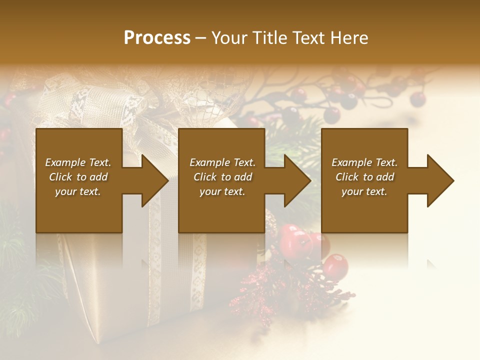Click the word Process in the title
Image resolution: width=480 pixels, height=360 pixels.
coord(157,38)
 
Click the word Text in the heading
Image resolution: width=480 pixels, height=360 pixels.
coord(308,38)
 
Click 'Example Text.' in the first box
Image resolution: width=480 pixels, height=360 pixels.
coord(78,162)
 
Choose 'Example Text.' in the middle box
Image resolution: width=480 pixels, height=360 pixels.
coord(222,162)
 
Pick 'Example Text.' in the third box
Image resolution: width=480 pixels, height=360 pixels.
coord(364,162)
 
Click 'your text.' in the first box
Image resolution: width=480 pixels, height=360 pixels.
coord(78,191)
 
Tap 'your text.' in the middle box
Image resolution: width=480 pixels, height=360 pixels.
coord(222,191)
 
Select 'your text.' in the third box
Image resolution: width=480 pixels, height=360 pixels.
coord(364,191)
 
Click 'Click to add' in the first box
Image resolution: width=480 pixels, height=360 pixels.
coord(78,177)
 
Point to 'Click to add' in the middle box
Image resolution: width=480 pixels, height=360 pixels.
coord(222,177)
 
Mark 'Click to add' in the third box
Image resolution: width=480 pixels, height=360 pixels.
coord(364,177)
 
